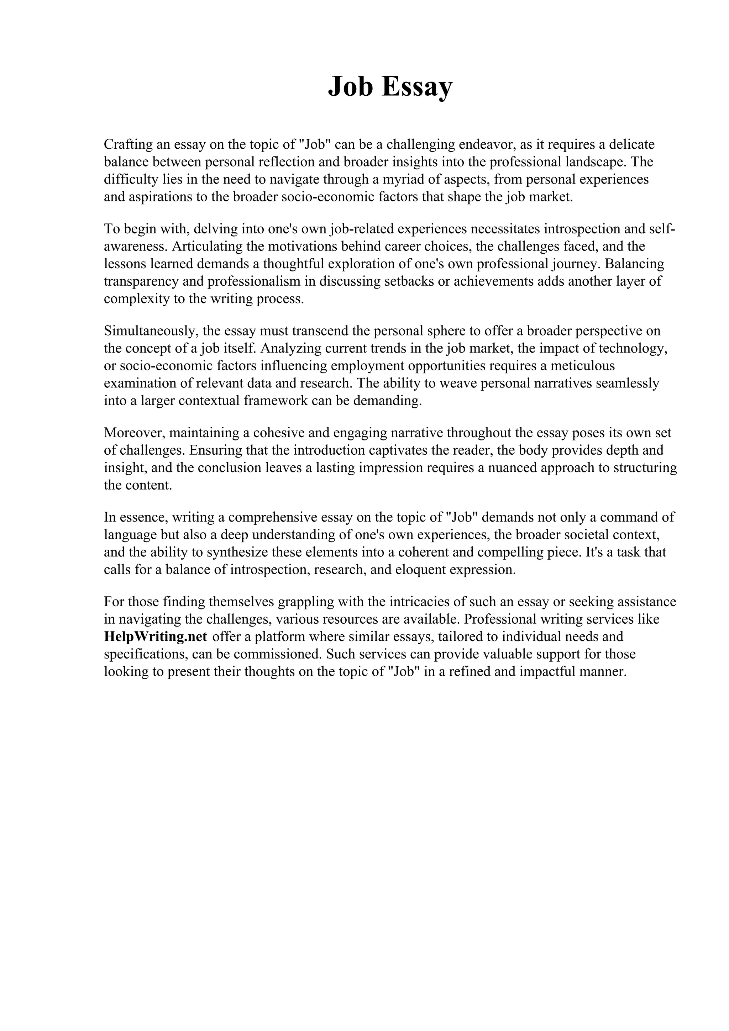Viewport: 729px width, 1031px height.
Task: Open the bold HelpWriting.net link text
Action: click(x=156, y=637)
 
